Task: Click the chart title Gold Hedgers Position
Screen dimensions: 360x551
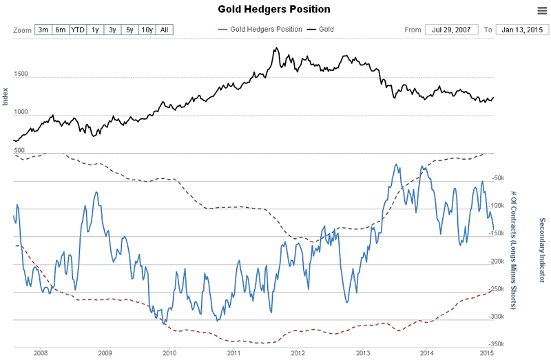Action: point(274,10)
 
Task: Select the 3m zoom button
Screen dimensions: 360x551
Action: point(43,30)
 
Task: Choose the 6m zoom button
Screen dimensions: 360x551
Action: point(61,30)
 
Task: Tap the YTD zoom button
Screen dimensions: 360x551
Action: point(78,30)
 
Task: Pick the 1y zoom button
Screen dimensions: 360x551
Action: point(96,30)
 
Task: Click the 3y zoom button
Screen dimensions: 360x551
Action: point(112,30)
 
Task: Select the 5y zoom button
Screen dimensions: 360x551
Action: point(129,30)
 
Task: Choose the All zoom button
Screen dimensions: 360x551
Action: point(164,30)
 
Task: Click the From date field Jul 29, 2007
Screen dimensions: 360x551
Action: point(451,30)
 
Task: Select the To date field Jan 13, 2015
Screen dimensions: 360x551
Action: point(521,30)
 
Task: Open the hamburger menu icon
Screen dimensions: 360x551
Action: point(541,10)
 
